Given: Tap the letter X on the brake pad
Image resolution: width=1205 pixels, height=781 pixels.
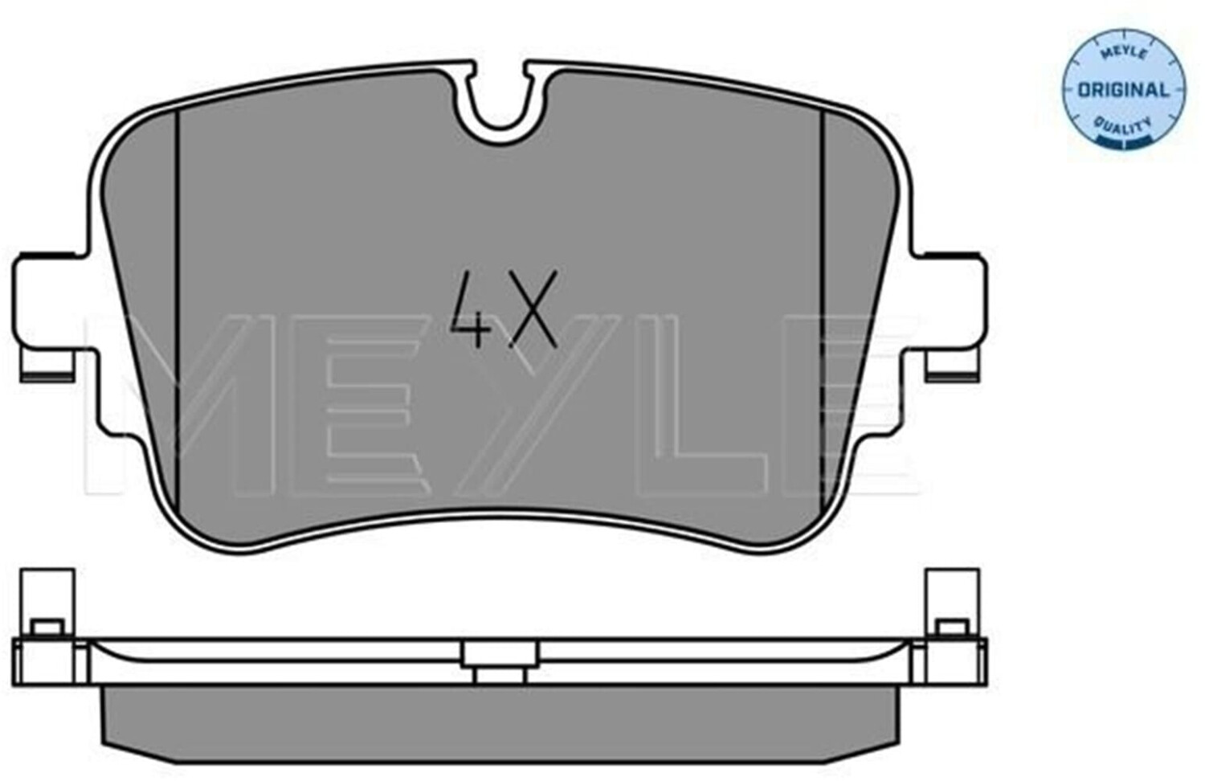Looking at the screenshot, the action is point(532,309).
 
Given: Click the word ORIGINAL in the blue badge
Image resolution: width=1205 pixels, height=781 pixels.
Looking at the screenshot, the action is point(1124,90).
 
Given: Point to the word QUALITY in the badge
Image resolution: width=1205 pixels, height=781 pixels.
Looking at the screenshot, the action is point(1124,127).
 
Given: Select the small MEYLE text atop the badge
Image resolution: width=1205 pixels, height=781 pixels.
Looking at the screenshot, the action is point(1124,56).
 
